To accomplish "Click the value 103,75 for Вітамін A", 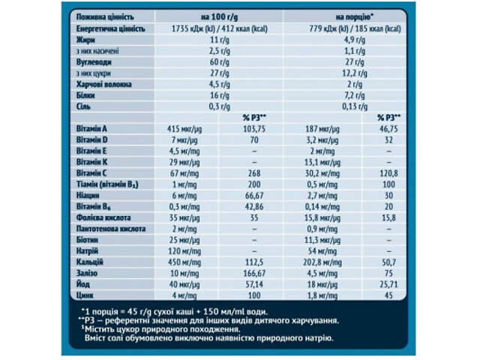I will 255,130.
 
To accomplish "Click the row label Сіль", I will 84,106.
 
